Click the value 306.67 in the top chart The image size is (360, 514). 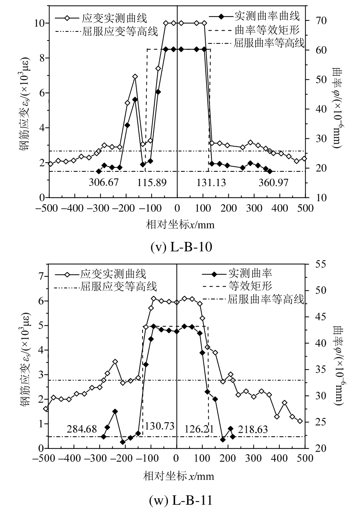tap(104, 183)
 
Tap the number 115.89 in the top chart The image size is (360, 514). tap(152, 183)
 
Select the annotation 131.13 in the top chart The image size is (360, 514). tap(211, 183)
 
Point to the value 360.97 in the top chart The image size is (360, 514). tap(273, 183)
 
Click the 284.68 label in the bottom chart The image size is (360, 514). tap(82, 429)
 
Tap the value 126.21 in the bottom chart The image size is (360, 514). tap(199, 429)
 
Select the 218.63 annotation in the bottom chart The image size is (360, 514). tap(253, 429)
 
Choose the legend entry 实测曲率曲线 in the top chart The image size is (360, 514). tap(267, 16)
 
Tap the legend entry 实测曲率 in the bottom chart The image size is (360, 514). tap(250, 273)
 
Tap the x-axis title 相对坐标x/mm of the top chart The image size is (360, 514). tap(180, 225)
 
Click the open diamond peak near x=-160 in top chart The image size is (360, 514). tap(135, 77)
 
